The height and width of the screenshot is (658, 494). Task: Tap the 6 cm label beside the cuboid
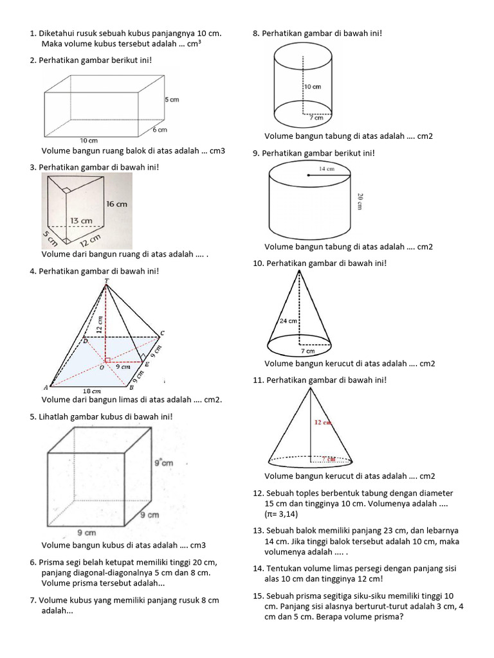click(160, 130)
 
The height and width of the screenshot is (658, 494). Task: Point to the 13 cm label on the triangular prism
click(82, 220)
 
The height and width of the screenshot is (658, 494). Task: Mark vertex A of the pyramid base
click(45, 387)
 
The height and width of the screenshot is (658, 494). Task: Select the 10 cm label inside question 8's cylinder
click(312, 87)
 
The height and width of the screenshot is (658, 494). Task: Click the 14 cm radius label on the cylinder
click(326, 169)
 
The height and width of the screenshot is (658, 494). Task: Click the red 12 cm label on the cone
click(323, 423)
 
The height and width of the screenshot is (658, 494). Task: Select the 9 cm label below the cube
click(86, 532)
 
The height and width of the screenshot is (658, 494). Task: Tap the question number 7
click(33, 600)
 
